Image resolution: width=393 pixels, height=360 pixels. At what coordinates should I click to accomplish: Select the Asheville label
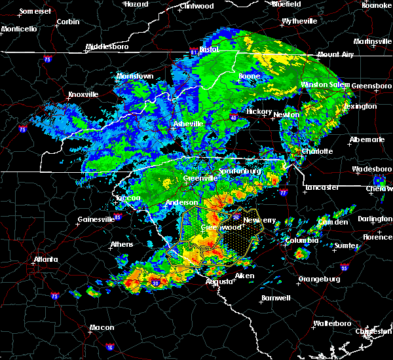pos(188,124)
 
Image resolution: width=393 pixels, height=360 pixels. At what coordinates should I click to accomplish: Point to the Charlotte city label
pos(318,151)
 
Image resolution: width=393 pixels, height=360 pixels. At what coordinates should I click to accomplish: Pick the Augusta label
pos(218,281)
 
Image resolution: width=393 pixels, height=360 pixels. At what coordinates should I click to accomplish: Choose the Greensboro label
pos(372,86)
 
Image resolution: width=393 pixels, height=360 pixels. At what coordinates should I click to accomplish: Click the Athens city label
pos(121,244)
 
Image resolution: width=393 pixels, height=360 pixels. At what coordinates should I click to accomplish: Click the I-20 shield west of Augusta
pos(155,283)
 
